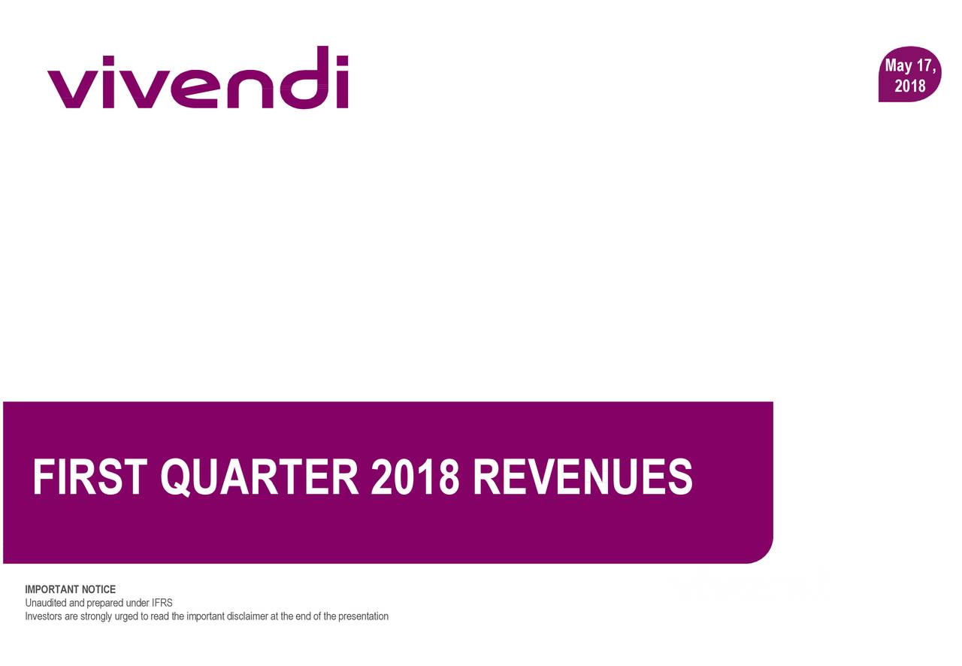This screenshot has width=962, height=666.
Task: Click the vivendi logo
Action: pyautogui.click(x=198, y=77)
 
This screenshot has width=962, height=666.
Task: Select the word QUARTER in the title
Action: pyautogui.click(x=260, y=477)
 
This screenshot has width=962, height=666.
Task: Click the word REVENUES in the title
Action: pyautogui.click(x=582, y=477)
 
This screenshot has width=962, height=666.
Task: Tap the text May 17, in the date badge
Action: pyautogui.click(x=910, y=65)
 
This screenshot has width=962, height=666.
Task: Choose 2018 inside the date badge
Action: pyautogui.click(x=910, y=86)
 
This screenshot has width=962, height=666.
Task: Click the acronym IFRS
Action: pyautogui.click(x=162, y=603)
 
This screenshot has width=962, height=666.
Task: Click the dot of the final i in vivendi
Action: pyautogui.click(x=342, y=61)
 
